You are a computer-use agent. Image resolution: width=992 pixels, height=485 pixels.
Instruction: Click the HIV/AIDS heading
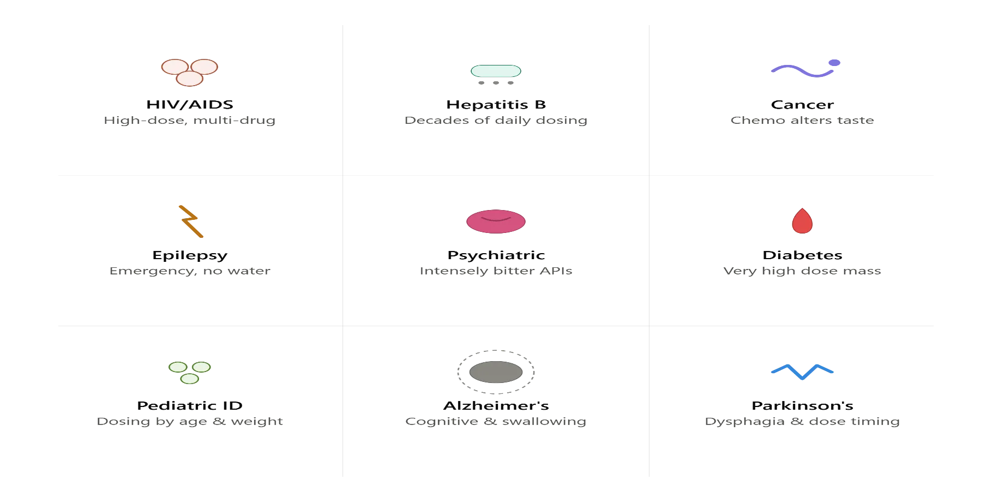click(x=190, y=105)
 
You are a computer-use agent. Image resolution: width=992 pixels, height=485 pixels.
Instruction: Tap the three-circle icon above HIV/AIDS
click(x=190, y=73)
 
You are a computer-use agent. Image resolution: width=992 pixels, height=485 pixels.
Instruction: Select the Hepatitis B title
click(x=496, y=105)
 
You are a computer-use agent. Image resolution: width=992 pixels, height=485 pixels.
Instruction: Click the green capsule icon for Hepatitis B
click(x=496, y=71)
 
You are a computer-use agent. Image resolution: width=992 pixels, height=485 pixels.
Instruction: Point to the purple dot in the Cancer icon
click(x=834, y=63)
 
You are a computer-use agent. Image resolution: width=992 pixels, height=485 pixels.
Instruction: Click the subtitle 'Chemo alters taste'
click(x=802, y=120)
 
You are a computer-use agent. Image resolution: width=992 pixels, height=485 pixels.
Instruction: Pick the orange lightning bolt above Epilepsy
click(x=191, y=221)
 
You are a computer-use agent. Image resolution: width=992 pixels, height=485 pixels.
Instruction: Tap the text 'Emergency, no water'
click(x=190, y=271)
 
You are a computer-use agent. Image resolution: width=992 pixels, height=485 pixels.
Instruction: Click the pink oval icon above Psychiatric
click(x=496, y=221)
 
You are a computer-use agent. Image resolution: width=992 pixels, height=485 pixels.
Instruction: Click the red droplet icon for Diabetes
click(x=802, y=221)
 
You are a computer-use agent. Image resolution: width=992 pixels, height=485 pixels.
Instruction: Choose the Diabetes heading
click(x=802, y=255)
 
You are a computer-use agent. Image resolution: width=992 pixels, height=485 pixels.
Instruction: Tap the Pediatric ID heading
click(x=190, y=406)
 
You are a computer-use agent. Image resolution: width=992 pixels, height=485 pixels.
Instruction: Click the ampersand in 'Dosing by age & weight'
click(x=219, y=421)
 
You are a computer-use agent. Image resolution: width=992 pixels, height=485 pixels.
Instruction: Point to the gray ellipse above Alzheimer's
click(x=496, y=372)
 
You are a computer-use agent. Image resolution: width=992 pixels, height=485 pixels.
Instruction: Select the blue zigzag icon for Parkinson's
click(x=802, y=372)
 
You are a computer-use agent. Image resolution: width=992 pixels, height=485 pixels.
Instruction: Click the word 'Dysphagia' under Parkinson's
click(x=745, y=422)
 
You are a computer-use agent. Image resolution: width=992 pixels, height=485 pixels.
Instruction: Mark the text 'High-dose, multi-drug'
click(x=190, y=121)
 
